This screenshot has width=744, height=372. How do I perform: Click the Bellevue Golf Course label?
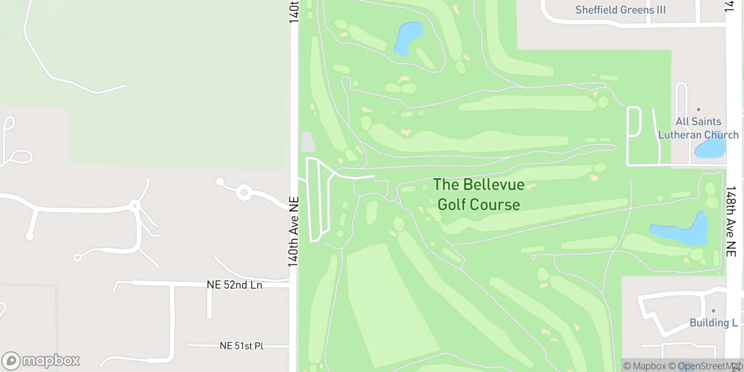(x=479, y=195)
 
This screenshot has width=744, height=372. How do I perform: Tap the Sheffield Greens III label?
(x=620, y=10)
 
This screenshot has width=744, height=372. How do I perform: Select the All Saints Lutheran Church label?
(x=698, y=128)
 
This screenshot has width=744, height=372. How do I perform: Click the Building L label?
(x=713, y=323)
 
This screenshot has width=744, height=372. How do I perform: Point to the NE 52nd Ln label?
(x=234, y=285)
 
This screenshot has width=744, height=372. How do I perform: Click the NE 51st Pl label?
(x=241, y=345)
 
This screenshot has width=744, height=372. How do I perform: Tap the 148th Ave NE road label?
(x=731, y=221)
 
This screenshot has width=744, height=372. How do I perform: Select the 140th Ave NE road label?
(x=293, y=232)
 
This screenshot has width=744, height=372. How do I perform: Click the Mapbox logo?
(x=40, y=361)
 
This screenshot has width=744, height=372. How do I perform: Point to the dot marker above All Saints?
(x=699, y=110)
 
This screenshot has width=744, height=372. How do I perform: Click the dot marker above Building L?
(x=713, y=311)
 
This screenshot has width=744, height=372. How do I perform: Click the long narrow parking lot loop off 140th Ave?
(x=318, y=200)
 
